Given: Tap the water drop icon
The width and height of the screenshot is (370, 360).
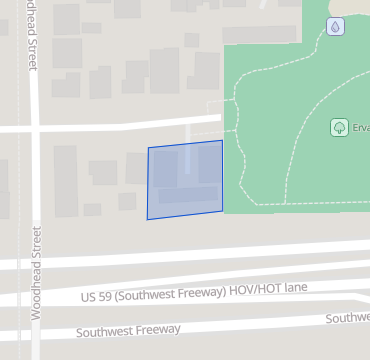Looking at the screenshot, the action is [x=335, y=26].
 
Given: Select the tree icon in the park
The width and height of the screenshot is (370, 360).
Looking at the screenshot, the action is [x=339, y=127].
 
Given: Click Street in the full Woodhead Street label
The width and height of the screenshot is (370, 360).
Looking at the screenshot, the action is [x=36, y=244].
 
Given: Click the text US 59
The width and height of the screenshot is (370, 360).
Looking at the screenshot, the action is [x=94, y=297].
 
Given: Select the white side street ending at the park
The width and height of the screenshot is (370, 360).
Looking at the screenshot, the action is [x=120, y=125].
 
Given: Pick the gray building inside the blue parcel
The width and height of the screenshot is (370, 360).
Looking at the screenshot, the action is [x=185, y=190].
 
